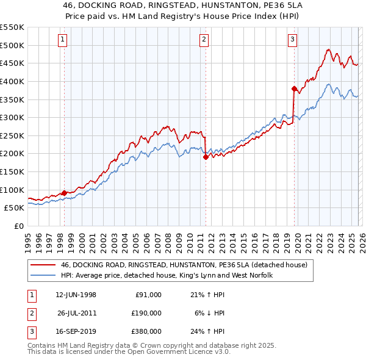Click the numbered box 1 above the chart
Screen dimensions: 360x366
pos(64,40)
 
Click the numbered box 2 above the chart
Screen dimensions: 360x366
pos(204,40)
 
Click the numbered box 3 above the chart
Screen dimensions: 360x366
pos(292,40)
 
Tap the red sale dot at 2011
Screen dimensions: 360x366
pos(206,157)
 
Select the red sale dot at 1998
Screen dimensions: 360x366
pos(65,193)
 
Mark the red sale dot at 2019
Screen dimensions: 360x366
pos(294,88)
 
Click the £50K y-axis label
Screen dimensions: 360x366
pos(14,208)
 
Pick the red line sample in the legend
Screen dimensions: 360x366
pos(43,265)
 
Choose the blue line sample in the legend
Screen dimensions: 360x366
pos(43,276)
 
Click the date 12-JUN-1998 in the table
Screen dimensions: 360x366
pos(76,295)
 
